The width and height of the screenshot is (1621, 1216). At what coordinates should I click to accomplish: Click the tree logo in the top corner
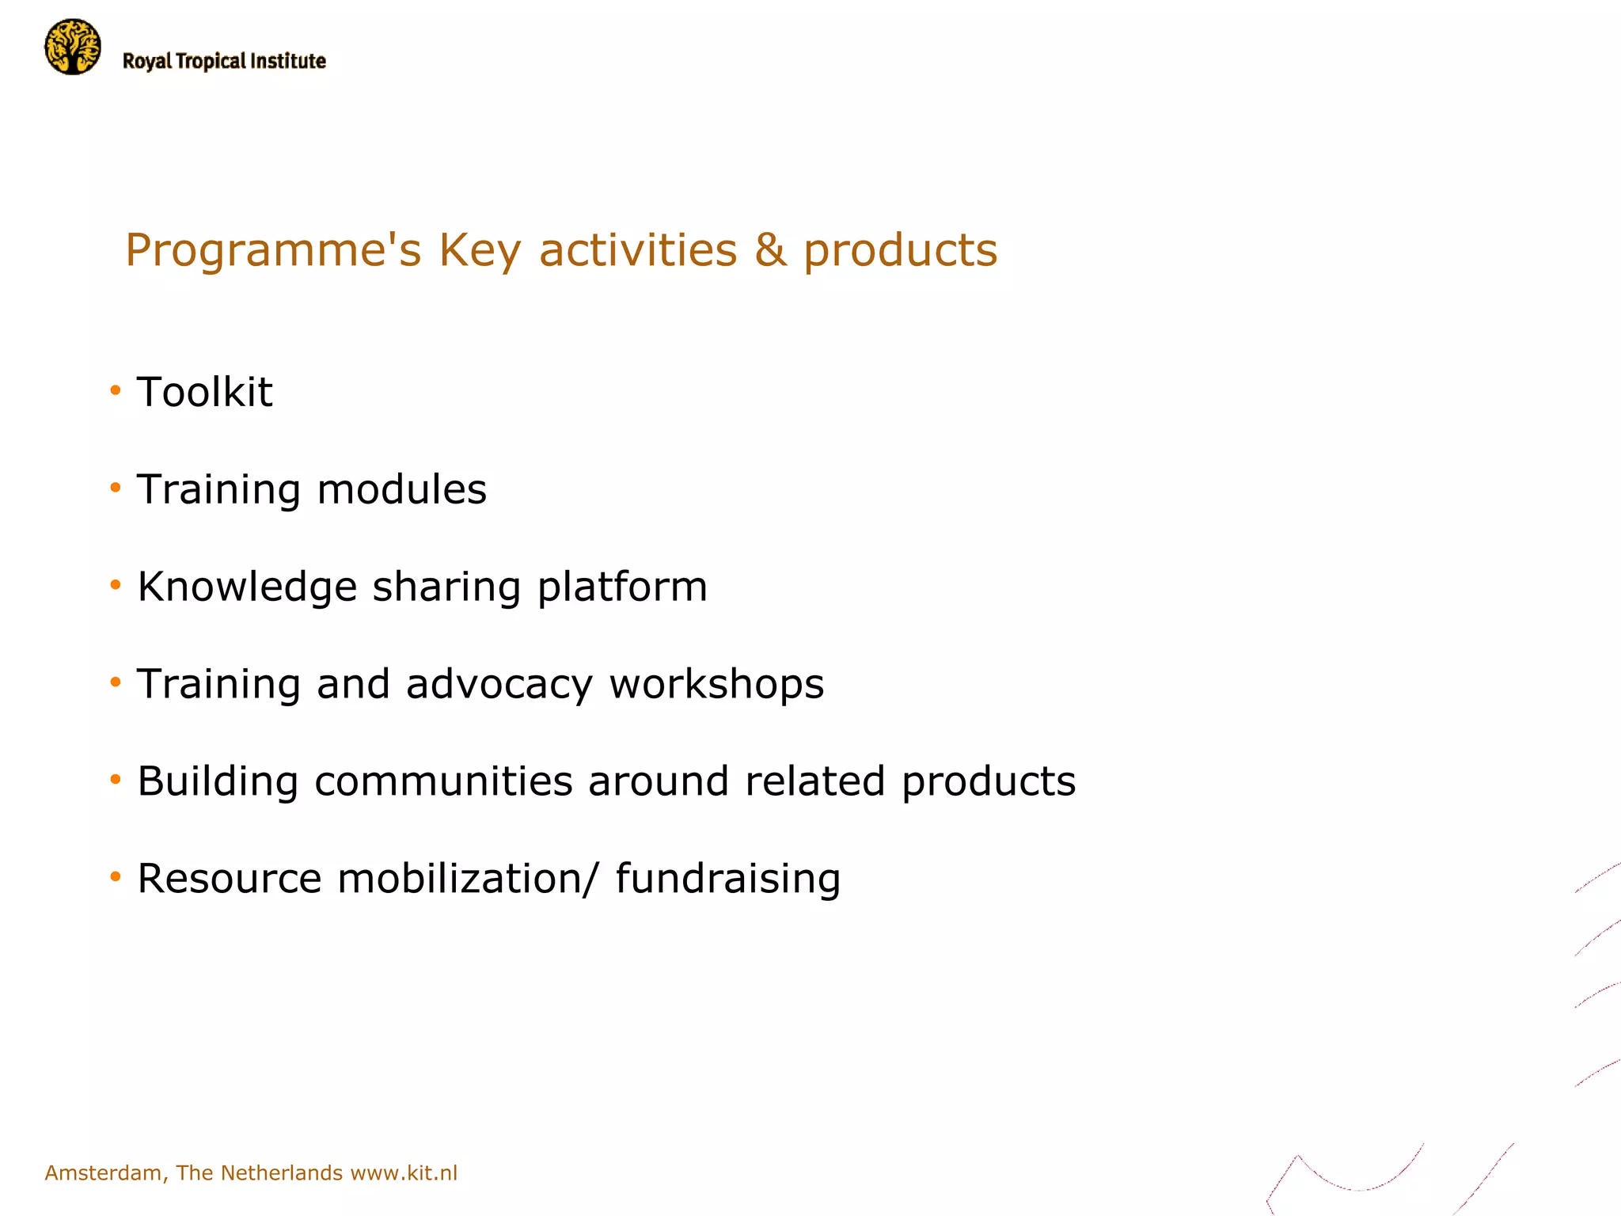click(73, 47)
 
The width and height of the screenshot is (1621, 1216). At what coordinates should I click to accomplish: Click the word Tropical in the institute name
click(211, 62)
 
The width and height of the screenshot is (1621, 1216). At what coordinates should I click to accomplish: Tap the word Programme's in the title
click(273, 251)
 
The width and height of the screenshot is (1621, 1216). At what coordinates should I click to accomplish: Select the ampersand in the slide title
click(770, 249)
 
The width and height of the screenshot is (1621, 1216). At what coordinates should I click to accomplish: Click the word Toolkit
click(204, 392)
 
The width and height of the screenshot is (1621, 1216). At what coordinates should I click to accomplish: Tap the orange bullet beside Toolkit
click(116, 389)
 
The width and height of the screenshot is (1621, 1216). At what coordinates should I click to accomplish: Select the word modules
click(401, 489)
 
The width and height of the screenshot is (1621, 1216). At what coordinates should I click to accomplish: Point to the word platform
click(622, 587)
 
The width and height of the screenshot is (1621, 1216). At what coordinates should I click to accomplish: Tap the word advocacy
click(499, 685)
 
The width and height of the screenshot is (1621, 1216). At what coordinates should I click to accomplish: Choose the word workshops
click(716, 685)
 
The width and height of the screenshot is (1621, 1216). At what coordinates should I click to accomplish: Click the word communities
click(443, 781)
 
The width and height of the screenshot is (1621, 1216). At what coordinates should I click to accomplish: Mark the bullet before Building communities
click(116, 780)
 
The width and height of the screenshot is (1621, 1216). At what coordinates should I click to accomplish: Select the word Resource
click(230, 879)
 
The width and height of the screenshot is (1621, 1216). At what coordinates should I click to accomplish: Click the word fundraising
click(727, 880)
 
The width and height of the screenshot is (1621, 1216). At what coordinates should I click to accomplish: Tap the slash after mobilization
click(590, 879)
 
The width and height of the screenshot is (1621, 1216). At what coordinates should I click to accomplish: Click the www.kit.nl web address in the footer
click(404, 1172)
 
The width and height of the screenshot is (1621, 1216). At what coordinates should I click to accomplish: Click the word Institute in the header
click(287, 62)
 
